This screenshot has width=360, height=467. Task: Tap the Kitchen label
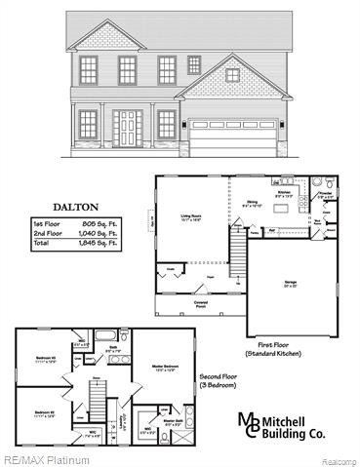point(284,192)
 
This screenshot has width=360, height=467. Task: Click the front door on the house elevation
point(127,127)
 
